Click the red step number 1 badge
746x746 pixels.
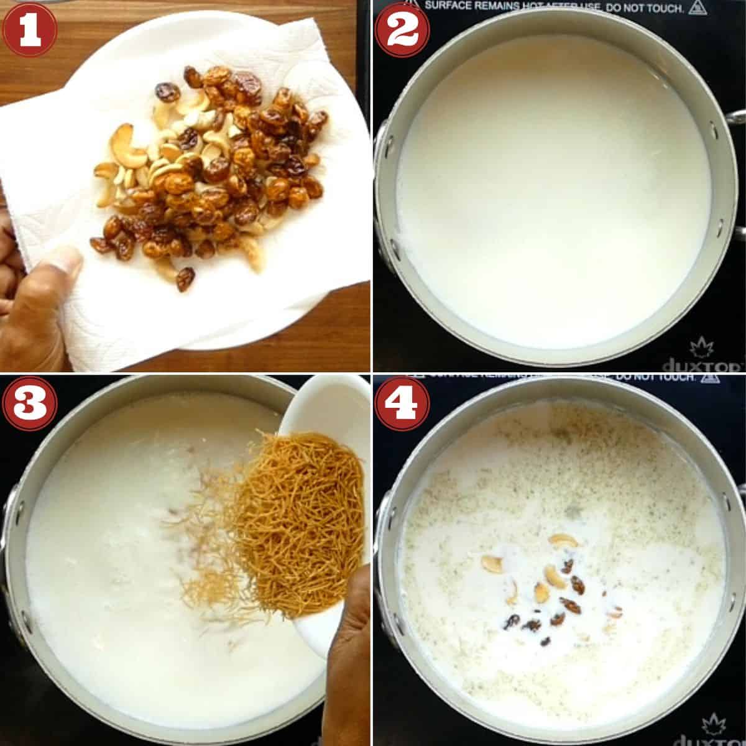(x=29, y=29)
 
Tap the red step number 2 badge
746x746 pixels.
(x=403, y=29)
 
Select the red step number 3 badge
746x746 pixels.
(x=29, y=404)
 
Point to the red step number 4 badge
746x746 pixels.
(x=403, y=404)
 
